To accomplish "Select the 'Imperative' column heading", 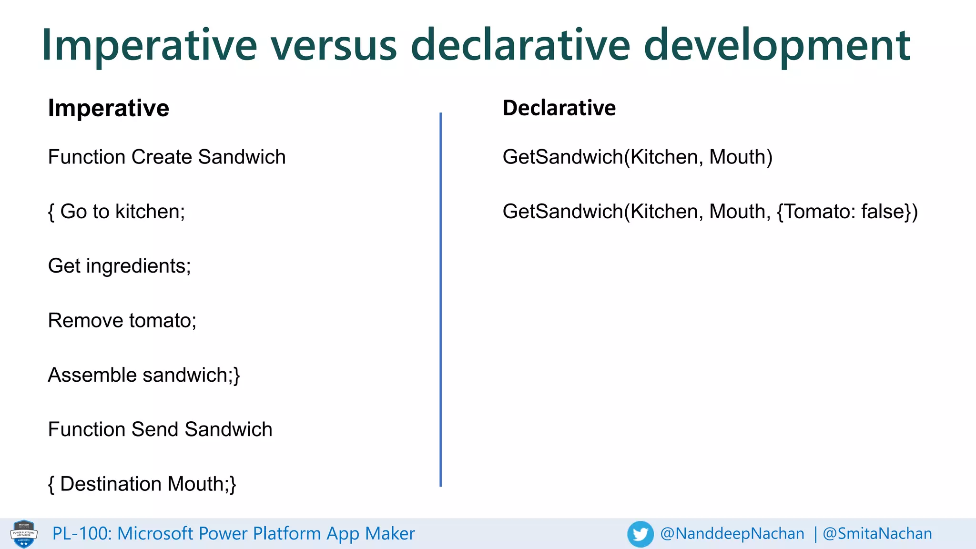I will (109, 108).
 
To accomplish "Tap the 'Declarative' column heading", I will (559, 108).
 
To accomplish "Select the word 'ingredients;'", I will (139, 266).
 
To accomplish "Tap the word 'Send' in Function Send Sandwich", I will (155, 429).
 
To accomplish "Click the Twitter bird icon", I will (640, 534).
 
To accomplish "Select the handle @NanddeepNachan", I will (732, 534).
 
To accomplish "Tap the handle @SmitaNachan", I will (877, 534).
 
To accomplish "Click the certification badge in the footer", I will (24, 534).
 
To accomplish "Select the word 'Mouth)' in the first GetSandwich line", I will (741, 157).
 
